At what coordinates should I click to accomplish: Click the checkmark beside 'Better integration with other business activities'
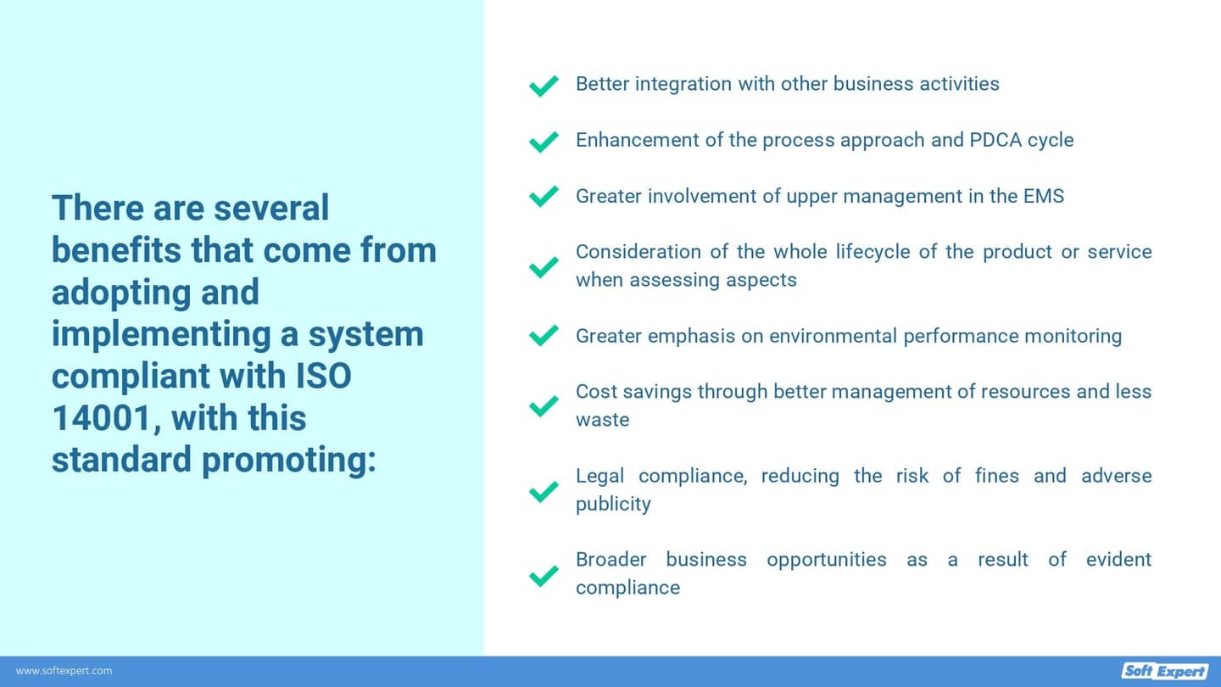[x=544, y=86]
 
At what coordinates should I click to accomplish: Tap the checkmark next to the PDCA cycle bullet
[x=544, y=142]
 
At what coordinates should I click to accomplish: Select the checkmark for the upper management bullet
[x=544, y=196]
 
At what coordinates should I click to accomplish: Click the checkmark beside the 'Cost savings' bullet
[x=544, y=405]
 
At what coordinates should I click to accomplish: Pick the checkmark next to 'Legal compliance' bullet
[x=544, y=491]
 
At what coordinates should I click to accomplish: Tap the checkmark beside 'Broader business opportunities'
[x=544, y=576]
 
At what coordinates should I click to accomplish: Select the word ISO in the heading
[x=324, y=376]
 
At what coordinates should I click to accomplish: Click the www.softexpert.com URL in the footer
[x=64, y=671]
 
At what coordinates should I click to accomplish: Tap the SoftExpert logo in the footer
[x=1164, y=671]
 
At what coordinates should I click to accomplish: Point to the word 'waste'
[x=602, y=420]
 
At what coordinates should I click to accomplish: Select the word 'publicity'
[x=613, y=504]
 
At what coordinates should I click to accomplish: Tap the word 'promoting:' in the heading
[x=289, y=460]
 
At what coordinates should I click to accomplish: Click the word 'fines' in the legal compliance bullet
[x=997, y=476]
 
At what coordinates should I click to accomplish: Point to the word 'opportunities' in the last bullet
[x=827, y=560]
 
